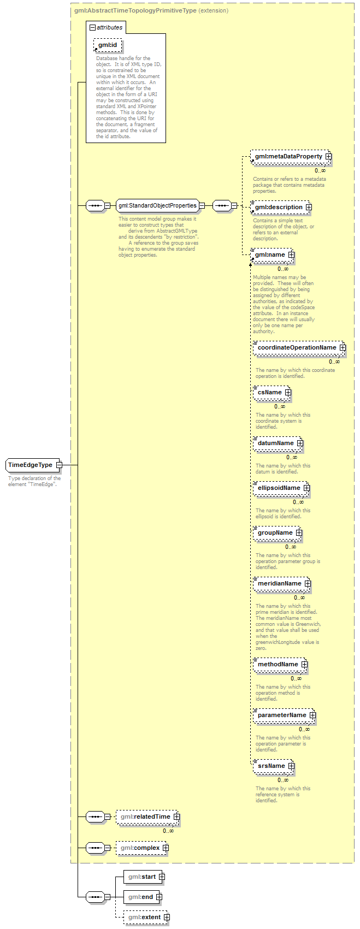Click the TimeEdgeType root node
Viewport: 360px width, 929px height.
(33, 465)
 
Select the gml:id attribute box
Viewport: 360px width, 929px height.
(108, 45)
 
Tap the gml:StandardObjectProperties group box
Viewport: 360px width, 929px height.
(158, 205)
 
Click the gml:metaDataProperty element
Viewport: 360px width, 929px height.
(291, 157)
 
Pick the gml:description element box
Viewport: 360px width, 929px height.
(281, 208)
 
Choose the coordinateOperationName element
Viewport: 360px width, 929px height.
(299, 347)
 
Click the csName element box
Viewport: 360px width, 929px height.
(272, 392)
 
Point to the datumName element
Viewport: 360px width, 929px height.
(278, 443)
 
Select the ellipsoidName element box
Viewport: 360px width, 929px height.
(281, 488)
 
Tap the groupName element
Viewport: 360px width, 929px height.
(278, 533)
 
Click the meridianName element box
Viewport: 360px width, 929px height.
(282, 583)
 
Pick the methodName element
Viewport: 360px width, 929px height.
(280, 665)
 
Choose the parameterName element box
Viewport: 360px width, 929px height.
(284, 715)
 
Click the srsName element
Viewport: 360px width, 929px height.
(274, 766)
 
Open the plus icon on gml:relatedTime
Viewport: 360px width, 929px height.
(176, 816)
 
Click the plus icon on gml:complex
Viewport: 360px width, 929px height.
(166, 848)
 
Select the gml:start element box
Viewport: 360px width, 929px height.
(144, 877)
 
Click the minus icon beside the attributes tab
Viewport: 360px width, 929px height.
(92, 28)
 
